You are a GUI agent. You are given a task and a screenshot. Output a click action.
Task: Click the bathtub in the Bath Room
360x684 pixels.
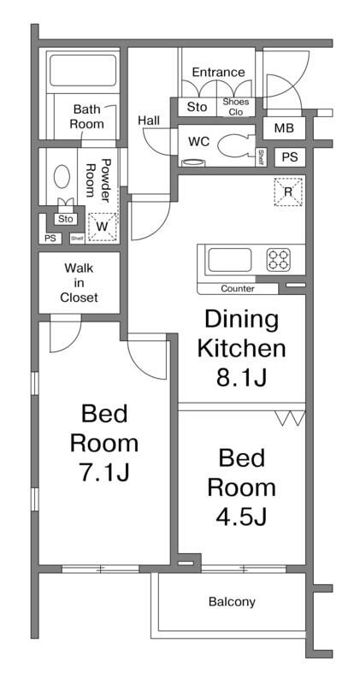82,70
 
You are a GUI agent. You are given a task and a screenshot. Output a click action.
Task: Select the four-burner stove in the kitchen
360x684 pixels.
279,260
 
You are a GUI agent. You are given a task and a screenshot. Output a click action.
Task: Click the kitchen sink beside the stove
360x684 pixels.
229,260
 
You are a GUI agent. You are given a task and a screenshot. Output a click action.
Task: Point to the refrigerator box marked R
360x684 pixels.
288,192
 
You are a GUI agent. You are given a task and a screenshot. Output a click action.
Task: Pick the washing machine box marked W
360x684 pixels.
103,227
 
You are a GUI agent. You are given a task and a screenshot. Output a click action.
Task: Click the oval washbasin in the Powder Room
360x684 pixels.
62,177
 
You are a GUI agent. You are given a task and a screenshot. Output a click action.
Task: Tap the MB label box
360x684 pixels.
284,128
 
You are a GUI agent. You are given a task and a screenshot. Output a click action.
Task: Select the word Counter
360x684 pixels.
238,288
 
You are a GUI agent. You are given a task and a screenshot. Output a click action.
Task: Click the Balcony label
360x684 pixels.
232,602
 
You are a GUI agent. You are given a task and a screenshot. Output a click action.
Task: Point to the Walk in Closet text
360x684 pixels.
79,283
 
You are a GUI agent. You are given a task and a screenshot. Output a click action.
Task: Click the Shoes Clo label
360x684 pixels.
236,107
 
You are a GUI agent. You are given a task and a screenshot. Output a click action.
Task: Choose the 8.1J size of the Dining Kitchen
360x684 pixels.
241,378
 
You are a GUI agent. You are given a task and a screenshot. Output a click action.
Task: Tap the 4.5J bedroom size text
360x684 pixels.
241,516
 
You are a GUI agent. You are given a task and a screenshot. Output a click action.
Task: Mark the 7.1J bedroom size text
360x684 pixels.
104,472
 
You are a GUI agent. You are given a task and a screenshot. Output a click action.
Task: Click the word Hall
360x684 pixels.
149,121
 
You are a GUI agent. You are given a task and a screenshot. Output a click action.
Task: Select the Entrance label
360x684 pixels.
218,72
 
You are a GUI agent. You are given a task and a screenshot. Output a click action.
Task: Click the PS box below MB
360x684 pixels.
289,157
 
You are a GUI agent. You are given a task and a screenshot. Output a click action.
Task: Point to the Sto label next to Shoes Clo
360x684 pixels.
197,107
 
